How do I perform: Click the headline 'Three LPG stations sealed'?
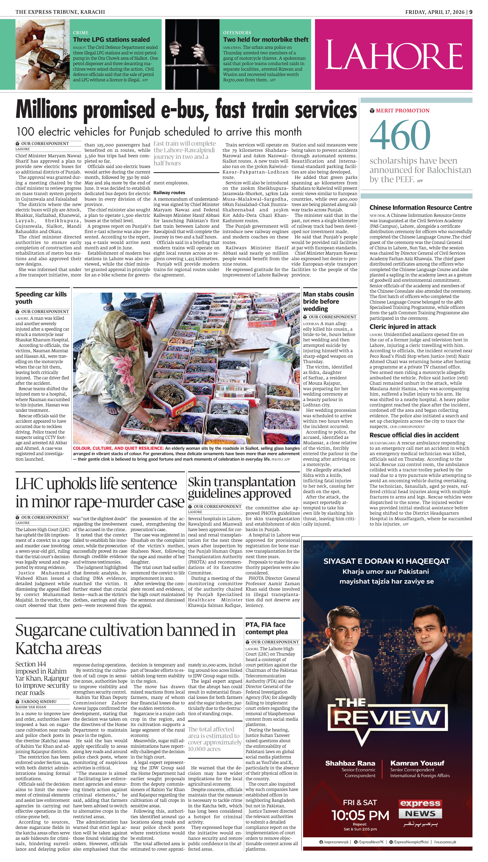pyautogui.click(x=111, y=40)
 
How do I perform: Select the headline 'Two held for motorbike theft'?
pyautogui.click(x=265, y=40)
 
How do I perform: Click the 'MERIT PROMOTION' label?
pyautogui.click(x=402, y=110)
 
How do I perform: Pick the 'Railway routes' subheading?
pyautogui.click(x=169, y=193)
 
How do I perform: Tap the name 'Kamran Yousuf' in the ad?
pyautogui.click(x=417, y=763)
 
